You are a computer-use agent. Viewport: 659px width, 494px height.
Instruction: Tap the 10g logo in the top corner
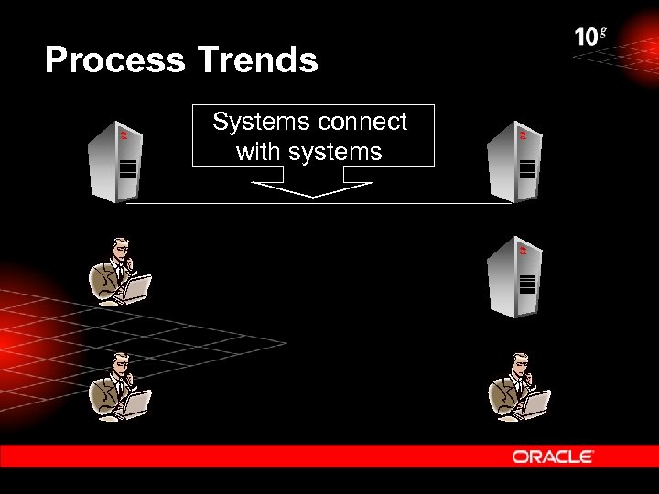[590, 37]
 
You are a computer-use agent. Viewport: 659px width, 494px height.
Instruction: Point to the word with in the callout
[259, 152]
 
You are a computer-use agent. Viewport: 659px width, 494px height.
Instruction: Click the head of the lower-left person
[118, 364]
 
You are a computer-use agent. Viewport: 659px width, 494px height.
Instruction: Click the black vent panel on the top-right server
[527, 168]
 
